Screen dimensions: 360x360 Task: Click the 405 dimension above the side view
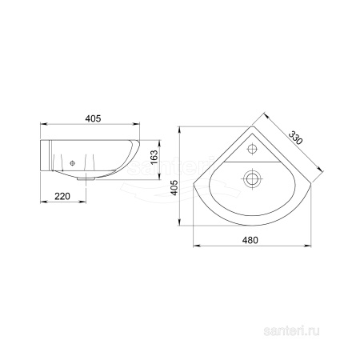click(x=93, y=118)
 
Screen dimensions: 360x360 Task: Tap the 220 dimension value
click(x=62, y=196)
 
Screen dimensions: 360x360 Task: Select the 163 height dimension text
click(x=154, y=158)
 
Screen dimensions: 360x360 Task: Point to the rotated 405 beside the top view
click(x=174, y=187)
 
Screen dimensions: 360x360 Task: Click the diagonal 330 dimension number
click(x=295, y=138)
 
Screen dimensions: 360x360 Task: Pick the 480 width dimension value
click(x=250, y=240)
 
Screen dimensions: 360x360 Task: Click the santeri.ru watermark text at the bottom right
click(x=291, y=331)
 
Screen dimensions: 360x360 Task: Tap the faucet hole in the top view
click(x=252, y=149)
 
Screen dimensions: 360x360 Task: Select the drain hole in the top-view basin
click(x=251, y=178)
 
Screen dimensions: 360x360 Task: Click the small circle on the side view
click(x=72, y=163)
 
